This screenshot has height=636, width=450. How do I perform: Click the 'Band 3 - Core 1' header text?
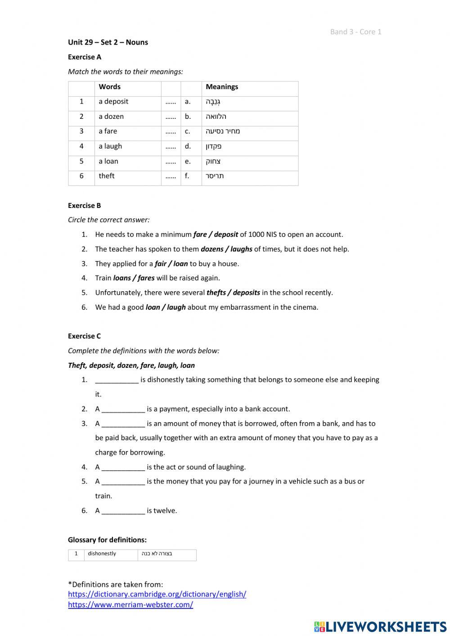[355, 32]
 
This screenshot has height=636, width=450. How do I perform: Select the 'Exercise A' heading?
[85, 57]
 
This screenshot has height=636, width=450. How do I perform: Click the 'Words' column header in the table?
[110, 87]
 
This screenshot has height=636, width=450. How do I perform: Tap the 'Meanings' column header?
[222, 87]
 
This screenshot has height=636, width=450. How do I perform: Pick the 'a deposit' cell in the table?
[113, 102]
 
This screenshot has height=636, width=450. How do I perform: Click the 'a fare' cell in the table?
[108, 131]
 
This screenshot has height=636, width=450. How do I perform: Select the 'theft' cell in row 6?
[107, 176]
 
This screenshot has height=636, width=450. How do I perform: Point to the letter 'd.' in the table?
[188, 146]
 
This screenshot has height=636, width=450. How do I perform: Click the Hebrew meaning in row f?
[215, 176]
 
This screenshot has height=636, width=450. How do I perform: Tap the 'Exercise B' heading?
[85, 206]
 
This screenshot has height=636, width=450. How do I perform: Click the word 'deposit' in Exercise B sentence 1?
[226, 235]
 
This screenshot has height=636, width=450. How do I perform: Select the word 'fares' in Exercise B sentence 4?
[146, 278]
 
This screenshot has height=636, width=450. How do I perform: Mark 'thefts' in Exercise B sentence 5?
[216, 293]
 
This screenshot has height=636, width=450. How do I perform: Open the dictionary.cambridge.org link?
[157, 594]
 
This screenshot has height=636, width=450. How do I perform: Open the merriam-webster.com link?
[130, 605]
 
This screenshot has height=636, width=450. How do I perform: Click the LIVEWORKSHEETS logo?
[380, 627]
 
